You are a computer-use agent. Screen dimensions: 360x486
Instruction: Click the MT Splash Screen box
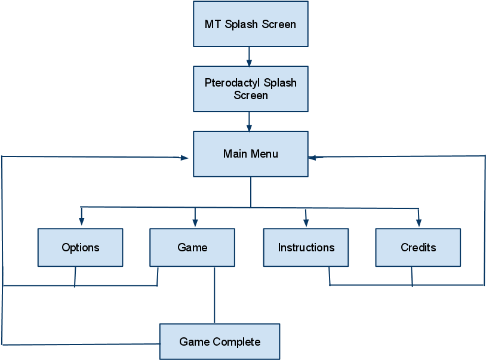[x=251, y=24]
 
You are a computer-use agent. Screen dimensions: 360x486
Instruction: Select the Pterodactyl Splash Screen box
[x=251, y=88]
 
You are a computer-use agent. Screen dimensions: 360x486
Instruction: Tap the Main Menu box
[x=251, y=154]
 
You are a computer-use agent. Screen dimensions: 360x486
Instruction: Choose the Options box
[x=81, y=247]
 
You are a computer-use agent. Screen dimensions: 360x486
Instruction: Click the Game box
[x=192, y=247]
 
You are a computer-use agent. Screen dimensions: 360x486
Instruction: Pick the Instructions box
[x=306, y=247]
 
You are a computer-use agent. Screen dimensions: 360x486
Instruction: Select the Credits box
[x=418, y=247]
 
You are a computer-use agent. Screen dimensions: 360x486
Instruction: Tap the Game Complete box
[x=220, y=341]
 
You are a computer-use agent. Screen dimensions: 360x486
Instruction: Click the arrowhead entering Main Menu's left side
[x=184, y=158]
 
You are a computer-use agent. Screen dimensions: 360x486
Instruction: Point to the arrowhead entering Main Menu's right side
[x=313, y=157]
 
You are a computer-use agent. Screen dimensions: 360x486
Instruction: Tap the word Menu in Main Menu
[x=264, y=154]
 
